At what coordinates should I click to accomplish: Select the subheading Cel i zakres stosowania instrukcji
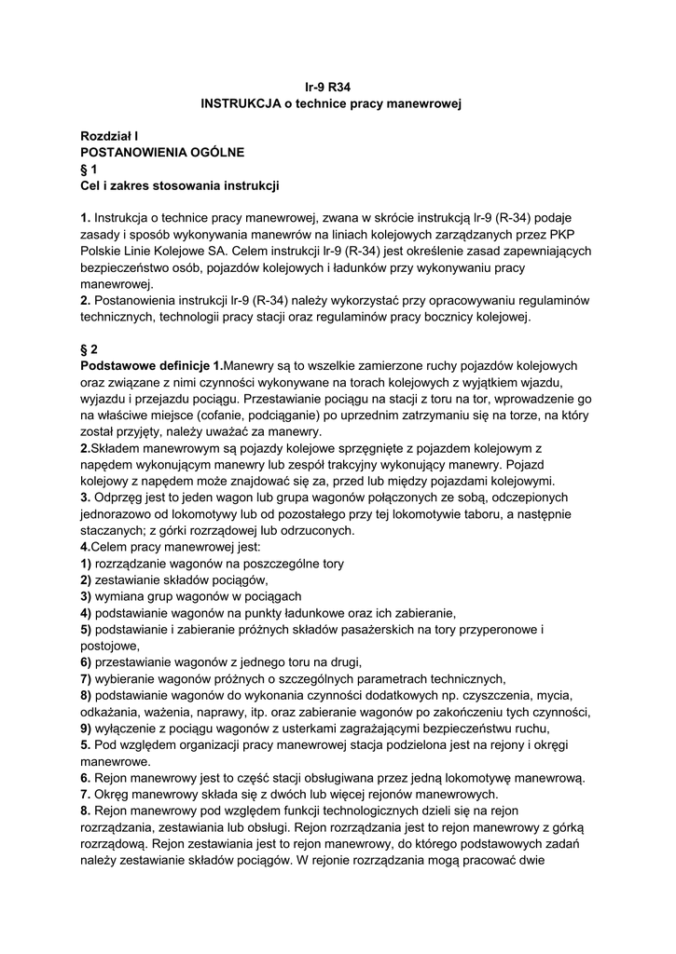[180, 186]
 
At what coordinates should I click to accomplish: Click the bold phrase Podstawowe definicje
[145, 365]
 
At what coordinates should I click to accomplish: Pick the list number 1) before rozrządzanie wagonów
[86, 563]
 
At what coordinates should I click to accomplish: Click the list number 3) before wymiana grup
[86, 596]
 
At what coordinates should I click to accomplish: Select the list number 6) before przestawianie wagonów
[86, 662]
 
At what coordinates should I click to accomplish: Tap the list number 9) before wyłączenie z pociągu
[86, 729]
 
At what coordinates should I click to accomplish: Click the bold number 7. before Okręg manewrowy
[86, 795]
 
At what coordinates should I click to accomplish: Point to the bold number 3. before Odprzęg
[86, 497]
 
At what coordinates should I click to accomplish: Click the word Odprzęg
[121, 497]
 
